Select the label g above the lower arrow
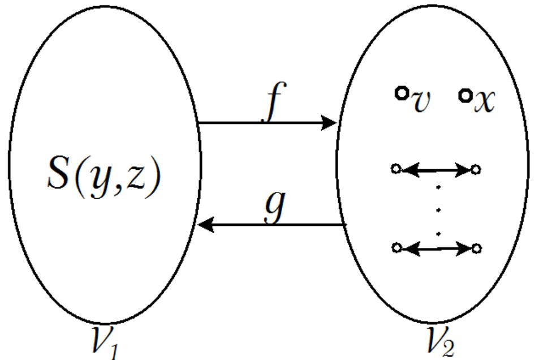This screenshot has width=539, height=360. [275, 207]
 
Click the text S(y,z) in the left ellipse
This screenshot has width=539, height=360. [104, 175]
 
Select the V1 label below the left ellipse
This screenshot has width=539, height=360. [105, 343]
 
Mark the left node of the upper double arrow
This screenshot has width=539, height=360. [396, 169]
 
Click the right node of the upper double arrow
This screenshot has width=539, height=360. [477, 169]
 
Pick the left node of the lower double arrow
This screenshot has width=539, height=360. [396, 247]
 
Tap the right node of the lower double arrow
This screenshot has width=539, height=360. [477, 247]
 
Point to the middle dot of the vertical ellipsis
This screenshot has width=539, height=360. [439, 209]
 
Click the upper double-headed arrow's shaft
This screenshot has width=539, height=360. [437, 169]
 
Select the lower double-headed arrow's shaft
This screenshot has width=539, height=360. [437, 247]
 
